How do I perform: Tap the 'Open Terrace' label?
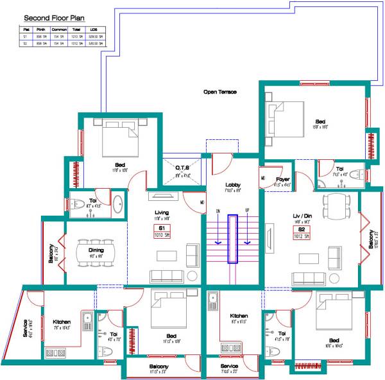(220, 92)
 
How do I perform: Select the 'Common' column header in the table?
(59, 30)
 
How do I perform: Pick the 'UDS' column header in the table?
(94, 30)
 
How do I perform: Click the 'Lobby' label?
(233, 185)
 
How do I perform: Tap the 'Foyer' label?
(283, 180)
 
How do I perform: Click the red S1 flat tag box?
(162, 232)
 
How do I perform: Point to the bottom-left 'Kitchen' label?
(62, 322)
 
